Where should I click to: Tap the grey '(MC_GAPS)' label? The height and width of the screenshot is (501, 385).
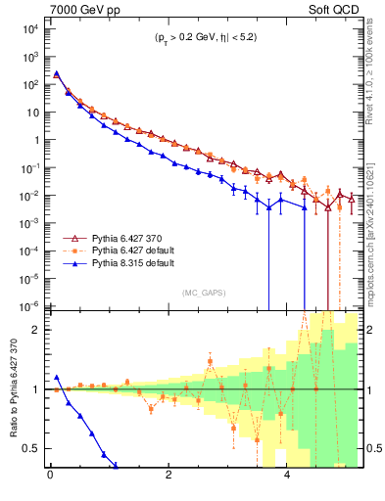coord(204,293)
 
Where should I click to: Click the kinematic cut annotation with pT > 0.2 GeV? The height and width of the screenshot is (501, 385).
coord(204,41)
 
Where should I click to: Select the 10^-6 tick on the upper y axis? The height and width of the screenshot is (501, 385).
coord(29,305)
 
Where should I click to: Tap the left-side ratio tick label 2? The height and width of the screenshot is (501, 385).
coord(37,330)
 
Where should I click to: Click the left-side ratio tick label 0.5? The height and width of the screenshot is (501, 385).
coord(33,448)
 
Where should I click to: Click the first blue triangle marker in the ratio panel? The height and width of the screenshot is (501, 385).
coord(57,377)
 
